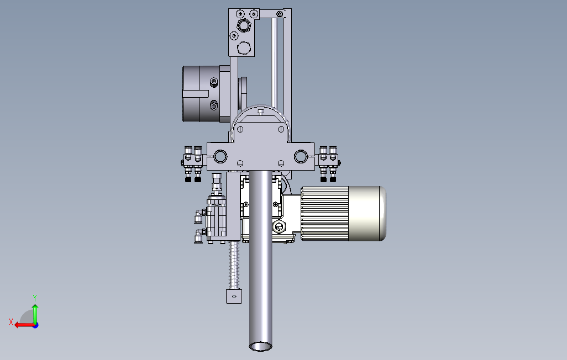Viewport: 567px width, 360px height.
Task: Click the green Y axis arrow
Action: (35, 314)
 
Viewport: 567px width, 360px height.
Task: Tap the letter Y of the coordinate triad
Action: (35, 298)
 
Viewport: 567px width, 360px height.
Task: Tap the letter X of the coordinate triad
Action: (11, 322)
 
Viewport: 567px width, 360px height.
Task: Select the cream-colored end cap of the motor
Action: (367, 214)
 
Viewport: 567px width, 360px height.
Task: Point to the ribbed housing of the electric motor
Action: (324, 214)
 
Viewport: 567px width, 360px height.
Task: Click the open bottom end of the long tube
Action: (261, 346)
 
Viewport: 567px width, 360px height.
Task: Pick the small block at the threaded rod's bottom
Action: (234, 297)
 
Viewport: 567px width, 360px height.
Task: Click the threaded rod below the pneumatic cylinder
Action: (234, 265)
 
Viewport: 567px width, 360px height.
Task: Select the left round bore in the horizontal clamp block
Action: (220, 156)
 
